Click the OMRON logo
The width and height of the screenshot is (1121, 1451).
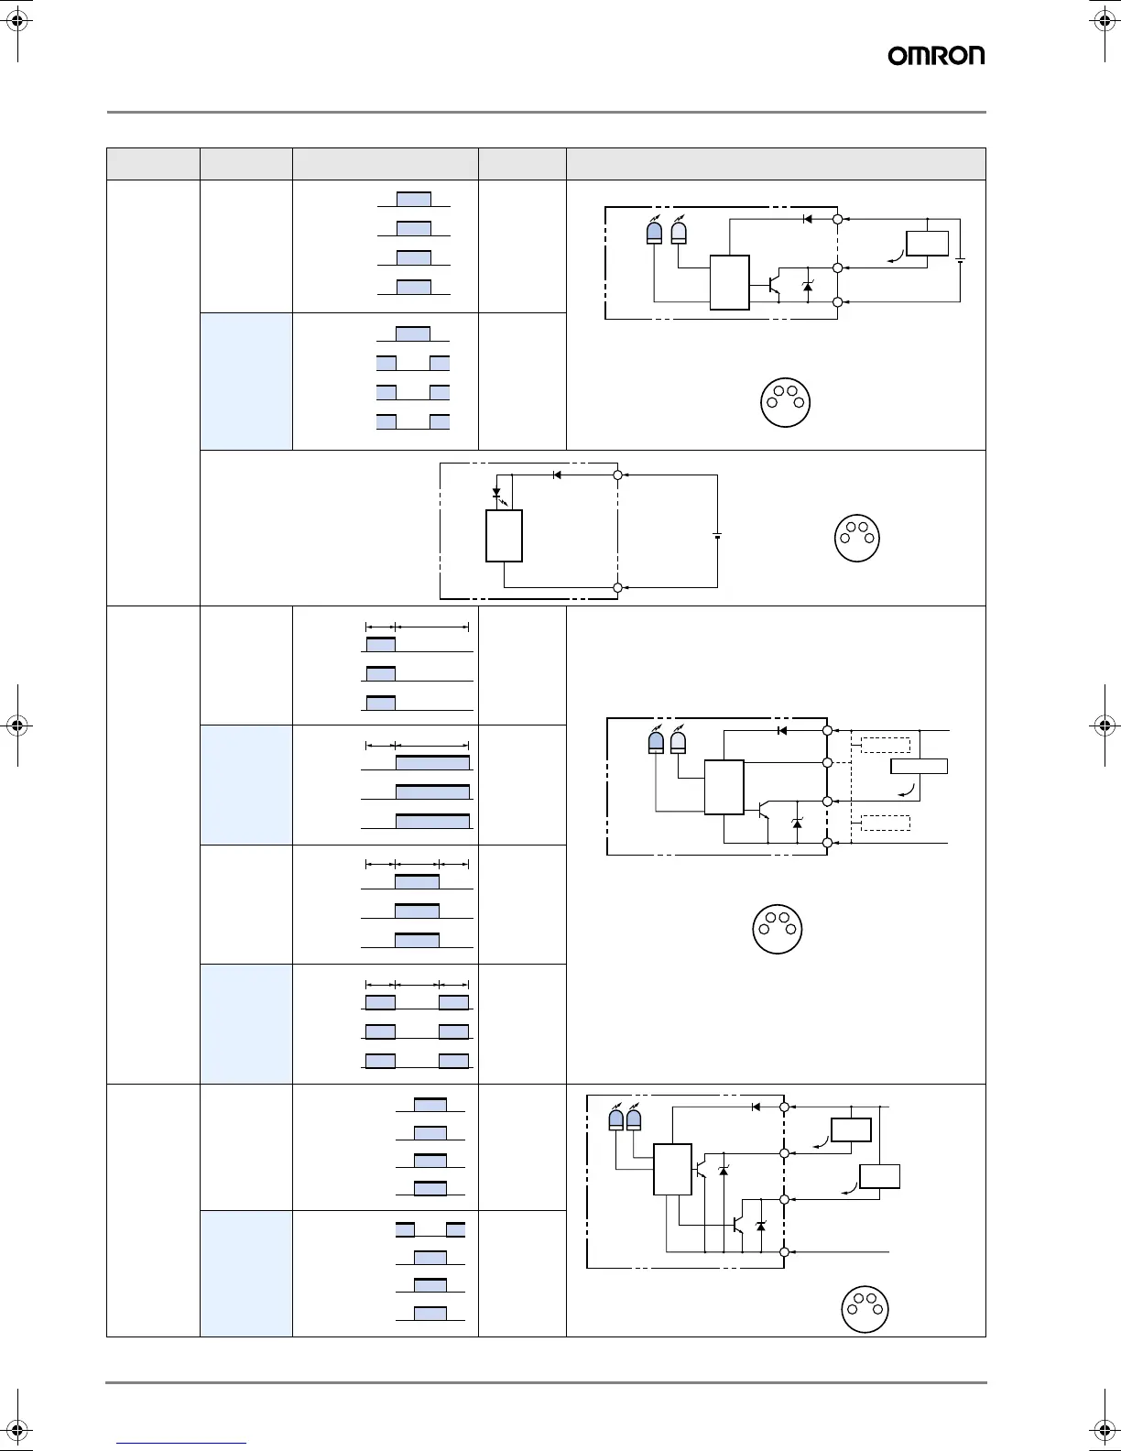click(936, 56)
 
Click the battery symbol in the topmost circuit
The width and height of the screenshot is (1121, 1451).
click(960, 260)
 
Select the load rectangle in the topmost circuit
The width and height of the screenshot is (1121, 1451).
click(927, 244)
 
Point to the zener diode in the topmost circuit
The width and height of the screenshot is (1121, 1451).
click(807, 287)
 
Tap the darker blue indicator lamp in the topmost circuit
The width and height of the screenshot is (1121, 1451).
click(654, 233)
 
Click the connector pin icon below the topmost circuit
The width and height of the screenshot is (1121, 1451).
click(786, 402)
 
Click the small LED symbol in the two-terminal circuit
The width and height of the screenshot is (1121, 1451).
click(497, 492)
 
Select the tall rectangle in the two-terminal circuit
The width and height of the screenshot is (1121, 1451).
click(504, 536)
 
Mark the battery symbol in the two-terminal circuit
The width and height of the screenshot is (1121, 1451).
click(717, 536)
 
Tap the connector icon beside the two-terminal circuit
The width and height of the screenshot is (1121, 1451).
click(857, 538)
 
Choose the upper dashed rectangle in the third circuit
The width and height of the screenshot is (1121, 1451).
click(885, 745)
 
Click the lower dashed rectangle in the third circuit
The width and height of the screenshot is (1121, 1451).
click(885, 823)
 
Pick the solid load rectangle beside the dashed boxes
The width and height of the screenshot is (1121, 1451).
click(920, 767)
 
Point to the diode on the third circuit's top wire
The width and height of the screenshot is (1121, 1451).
click(781, 730)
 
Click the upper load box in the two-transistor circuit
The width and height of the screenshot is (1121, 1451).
click(850, 1130)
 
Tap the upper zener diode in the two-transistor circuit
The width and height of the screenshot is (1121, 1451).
click(724, 1171)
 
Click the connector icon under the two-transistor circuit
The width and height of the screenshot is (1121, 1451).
click(865, 1309)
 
